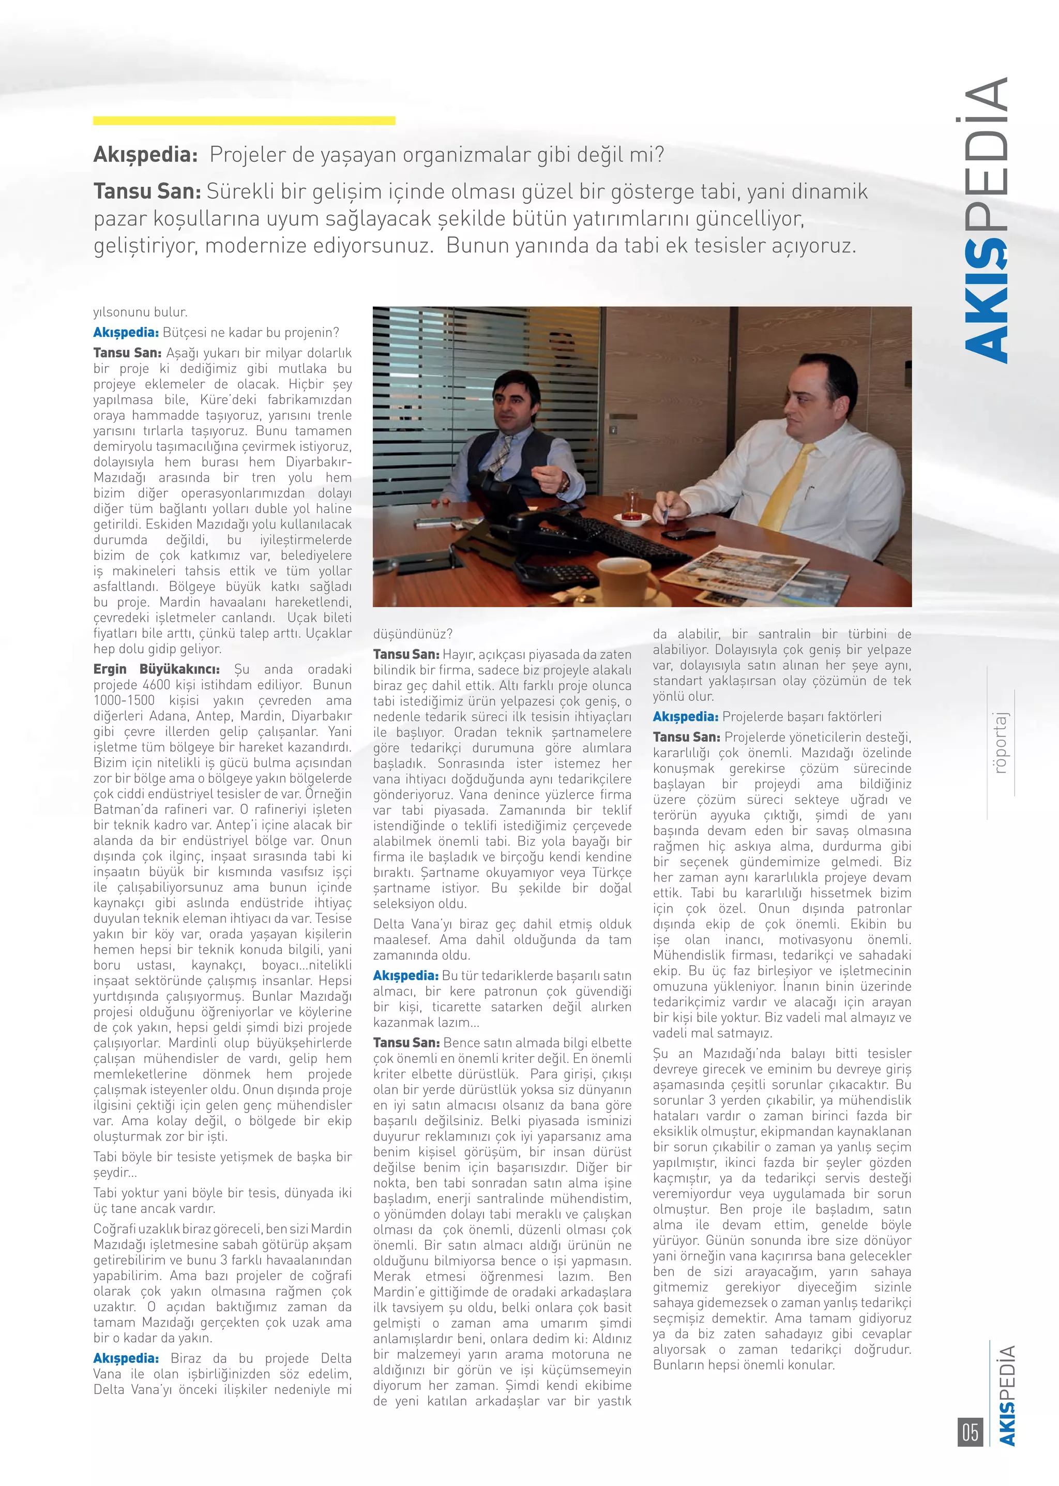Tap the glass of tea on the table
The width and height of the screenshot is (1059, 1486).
631,505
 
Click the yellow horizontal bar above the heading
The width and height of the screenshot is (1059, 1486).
244,121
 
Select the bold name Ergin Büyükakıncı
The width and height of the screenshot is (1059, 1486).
157,669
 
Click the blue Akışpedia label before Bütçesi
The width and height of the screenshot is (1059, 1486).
126,333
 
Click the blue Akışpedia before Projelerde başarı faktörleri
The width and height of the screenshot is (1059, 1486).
685,717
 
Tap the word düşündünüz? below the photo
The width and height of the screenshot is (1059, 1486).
412,634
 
